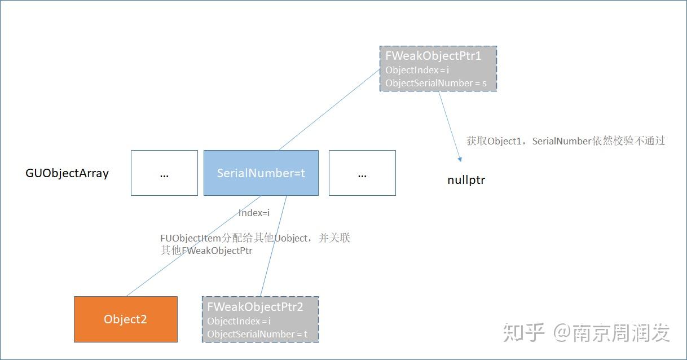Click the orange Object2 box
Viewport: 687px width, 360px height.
(125, 319)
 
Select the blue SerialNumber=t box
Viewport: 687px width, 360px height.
(261, 173)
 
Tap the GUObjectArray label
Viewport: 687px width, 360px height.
(67, 173)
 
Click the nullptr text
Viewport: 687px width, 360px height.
(466, 181)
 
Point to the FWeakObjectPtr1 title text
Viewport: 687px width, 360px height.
(433, 56)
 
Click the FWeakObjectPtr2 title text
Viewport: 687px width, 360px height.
(255, 307)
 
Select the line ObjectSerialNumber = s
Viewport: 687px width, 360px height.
(436, 84)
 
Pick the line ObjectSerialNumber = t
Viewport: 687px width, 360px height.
(257, 334)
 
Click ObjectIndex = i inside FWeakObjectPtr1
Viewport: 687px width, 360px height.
(417, 71)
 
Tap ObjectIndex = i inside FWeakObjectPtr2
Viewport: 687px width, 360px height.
(239, 321)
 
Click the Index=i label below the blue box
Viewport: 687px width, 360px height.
(254, 213)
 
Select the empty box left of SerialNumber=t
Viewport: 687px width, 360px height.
(164, 173)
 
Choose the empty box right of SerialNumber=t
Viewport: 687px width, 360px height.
(362, 173)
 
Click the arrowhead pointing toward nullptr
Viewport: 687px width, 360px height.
(459, 160)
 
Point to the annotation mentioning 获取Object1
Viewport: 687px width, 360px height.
(566, 141)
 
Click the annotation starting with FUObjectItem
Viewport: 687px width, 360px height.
(255, 244)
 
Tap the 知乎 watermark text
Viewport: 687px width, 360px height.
(523, 332)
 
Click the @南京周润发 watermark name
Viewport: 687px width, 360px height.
(611, 332)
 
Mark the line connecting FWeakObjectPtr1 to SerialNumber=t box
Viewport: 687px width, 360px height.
(330, 110)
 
